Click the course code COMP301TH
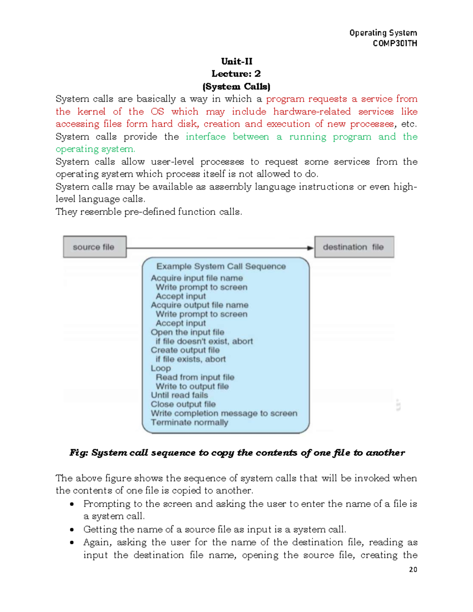pos(395,43)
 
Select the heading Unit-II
pos(236,61)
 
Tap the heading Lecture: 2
pos(236,74)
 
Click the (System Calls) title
pos(236,86)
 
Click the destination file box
pos(354,247)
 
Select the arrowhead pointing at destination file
pos(310,248)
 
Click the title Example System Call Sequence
pos(221,266)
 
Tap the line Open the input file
pos(187,332)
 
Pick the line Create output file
pos(185,350)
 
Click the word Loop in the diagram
pos(160,368)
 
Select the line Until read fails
pos(179,395)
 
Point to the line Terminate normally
pos(189,422)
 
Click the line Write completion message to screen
pos(224,413)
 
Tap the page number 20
pos(413,569)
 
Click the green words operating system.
pos(95,149)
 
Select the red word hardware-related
pos(312,112)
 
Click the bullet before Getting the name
pos(72,530)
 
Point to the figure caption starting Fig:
pos(236,453)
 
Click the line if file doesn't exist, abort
pos(204,341)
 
